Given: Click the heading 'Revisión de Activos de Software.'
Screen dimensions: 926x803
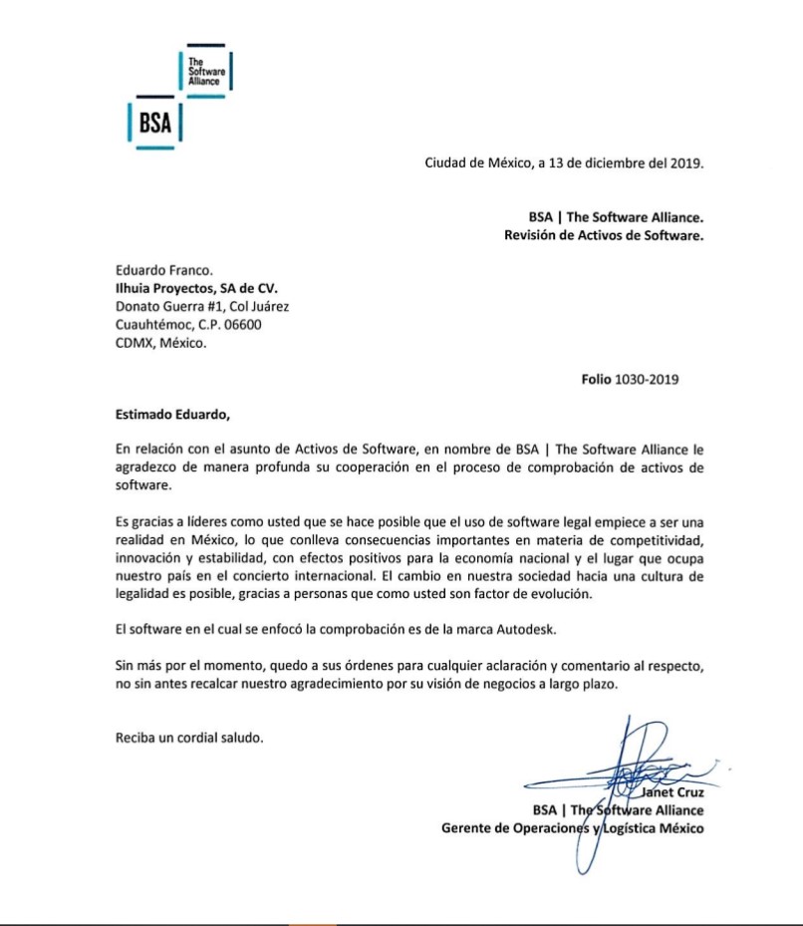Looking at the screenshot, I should (x=605, y=235).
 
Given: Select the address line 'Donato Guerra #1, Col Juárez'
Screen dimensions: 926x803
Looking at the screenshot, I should (x=202, y=307).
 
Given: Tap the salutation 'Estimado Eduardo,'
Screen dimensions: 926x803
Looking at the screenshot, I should (x=172, y=415).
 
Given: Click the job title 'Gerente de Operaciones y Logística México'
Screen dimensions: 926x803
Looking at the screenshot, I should (x=573, y=827).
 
